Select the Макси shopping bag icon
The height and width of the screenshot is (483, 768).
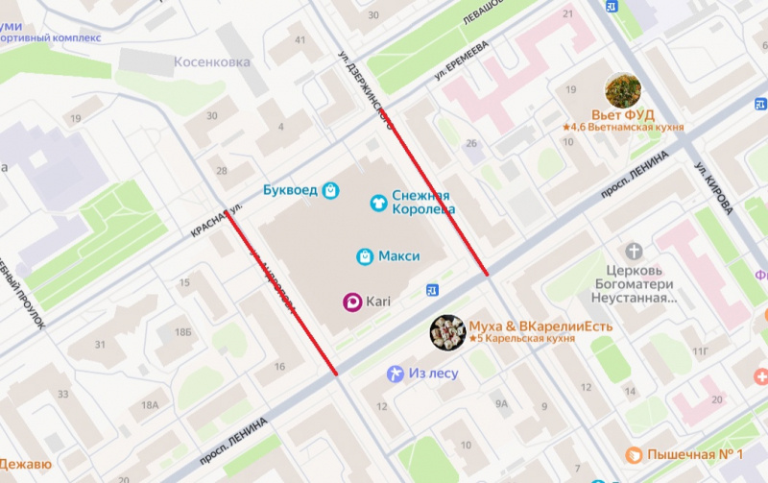[x=365, y=256]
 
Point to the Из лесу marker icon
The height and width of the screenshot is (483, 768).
[x=395, y=374]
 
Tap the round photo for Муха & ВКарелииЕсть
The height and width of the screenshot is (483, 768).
[x=447, y=332]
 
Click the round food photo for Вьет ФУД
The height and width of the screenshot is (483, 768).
[x=623, y=90]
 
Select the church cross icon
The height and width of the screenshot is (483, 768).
[x=635, y=252]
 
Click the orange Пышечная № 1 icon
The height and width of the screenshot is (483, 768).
[x=634, y=454]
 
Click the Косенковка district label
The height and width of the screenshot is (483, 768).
[x=212, y=62]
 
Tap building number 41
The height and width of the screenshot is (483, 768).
[x=300, y=39]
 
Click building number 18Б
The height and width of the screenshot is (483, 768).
[x=182, y=331]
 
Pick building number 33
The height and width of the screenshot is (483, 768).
[x=63, y=395]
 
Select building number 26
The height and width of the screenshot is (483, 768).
[x=470, y=144]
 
